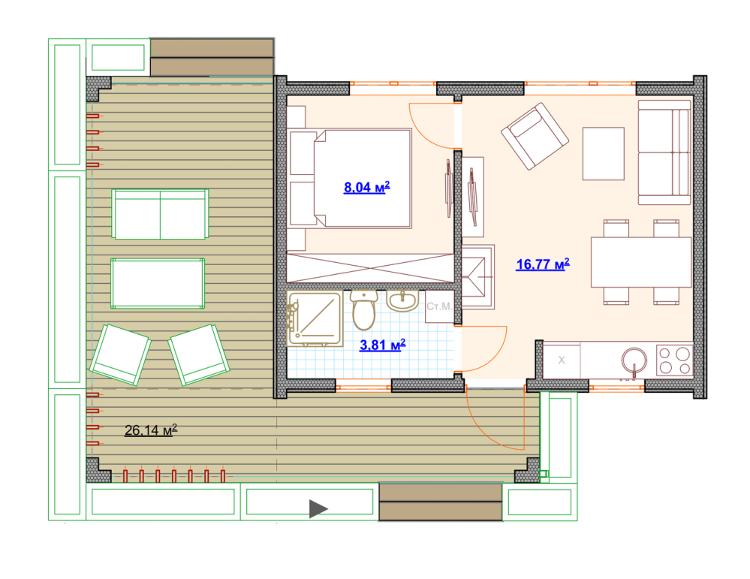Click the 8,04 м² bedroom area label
pos(367,187)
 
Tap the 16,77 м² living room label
pos(543,264)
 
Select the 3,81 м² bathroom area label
pos(383,345)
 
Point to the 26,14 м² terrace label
pos(151,430)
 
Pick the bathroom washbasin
pos(402,301)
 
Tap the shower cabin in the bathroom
pos(315,319)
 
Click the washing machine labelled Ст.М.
pos(440,306)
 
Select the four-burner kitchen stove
pos(674,360)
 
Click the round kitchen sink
pos(634,360)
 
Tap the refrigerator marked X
pos(562,360)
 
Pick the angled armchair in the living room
pos(535,137)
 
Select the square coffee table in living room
pos(603,154)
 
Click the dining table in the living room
pos(641,262)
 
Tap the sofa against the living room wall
pos(664,152)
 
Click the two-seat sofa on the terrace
pos(160,214)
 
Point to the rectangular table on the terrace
pos(158,283)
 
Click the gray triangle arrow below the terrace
pos(318,508)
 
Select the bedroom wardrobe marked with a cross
pos(369,268)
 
